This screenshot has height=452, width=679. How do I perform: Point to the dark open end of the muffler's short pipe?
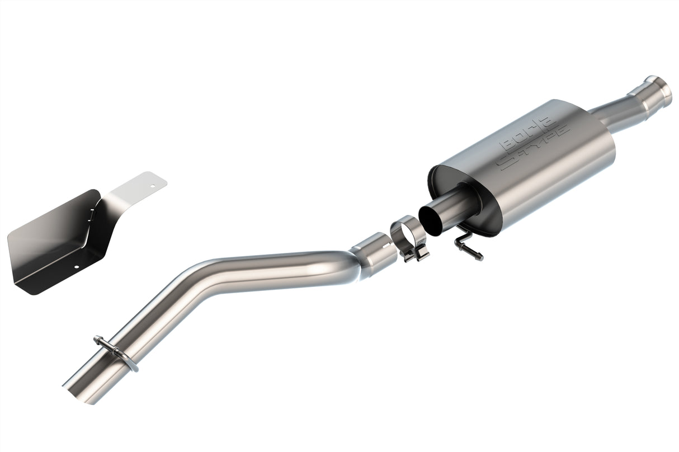(433, 218)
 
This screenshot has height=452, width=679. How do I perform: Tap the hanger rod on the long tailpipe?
(116, 352)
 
